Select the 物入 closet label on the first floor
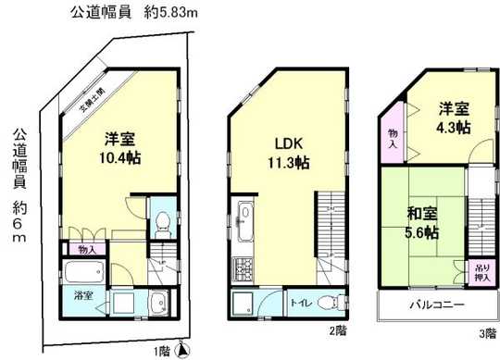coord(87,248)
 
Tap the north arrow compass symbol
coord(183,349)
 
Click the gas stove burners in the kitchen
coord(246,270)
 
